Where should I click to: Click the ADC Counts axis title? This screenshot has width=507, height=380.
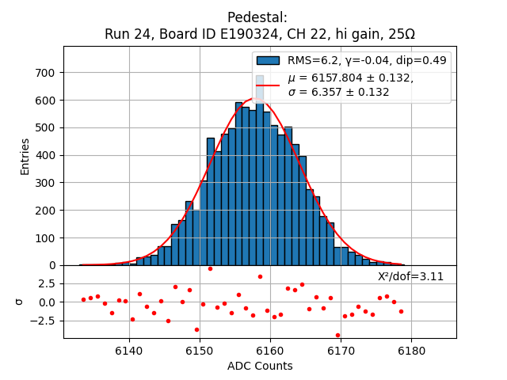(x=260, y=366)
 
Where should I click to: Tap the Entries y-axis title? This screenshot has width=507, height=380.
(x=25, y=156)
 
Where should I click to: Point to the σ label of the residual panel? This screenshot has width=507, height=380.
(x=20, y=302)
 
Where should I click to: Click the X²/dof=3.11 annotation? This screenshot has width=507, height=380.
(x=410, y=276)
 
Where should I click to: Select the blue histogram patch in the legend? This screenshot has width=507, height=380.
(x=268, y=60)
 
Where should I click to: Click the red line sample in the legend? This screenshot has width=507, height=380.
(x=268, y=84)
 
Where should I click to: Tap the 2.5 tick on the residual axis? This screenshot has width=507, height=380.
(x=45, y=283)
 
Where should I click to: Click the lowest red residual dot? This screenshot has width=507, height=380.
(x=337, y=335)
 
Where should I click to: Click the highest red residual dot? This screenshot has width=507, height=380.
(x=210, y=268)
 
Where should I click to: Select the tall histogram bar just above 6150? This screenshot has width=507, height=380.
(x=211, y=201)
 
